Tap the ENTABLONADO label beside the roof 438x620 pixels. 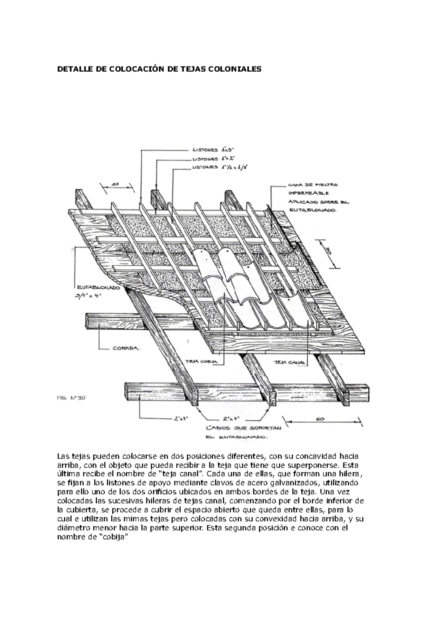[x=98, y=287]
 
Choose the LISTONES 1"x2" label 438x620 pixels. [x=215, y=159]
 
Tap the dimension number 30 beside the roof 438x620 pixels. [x=328, y=252]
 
